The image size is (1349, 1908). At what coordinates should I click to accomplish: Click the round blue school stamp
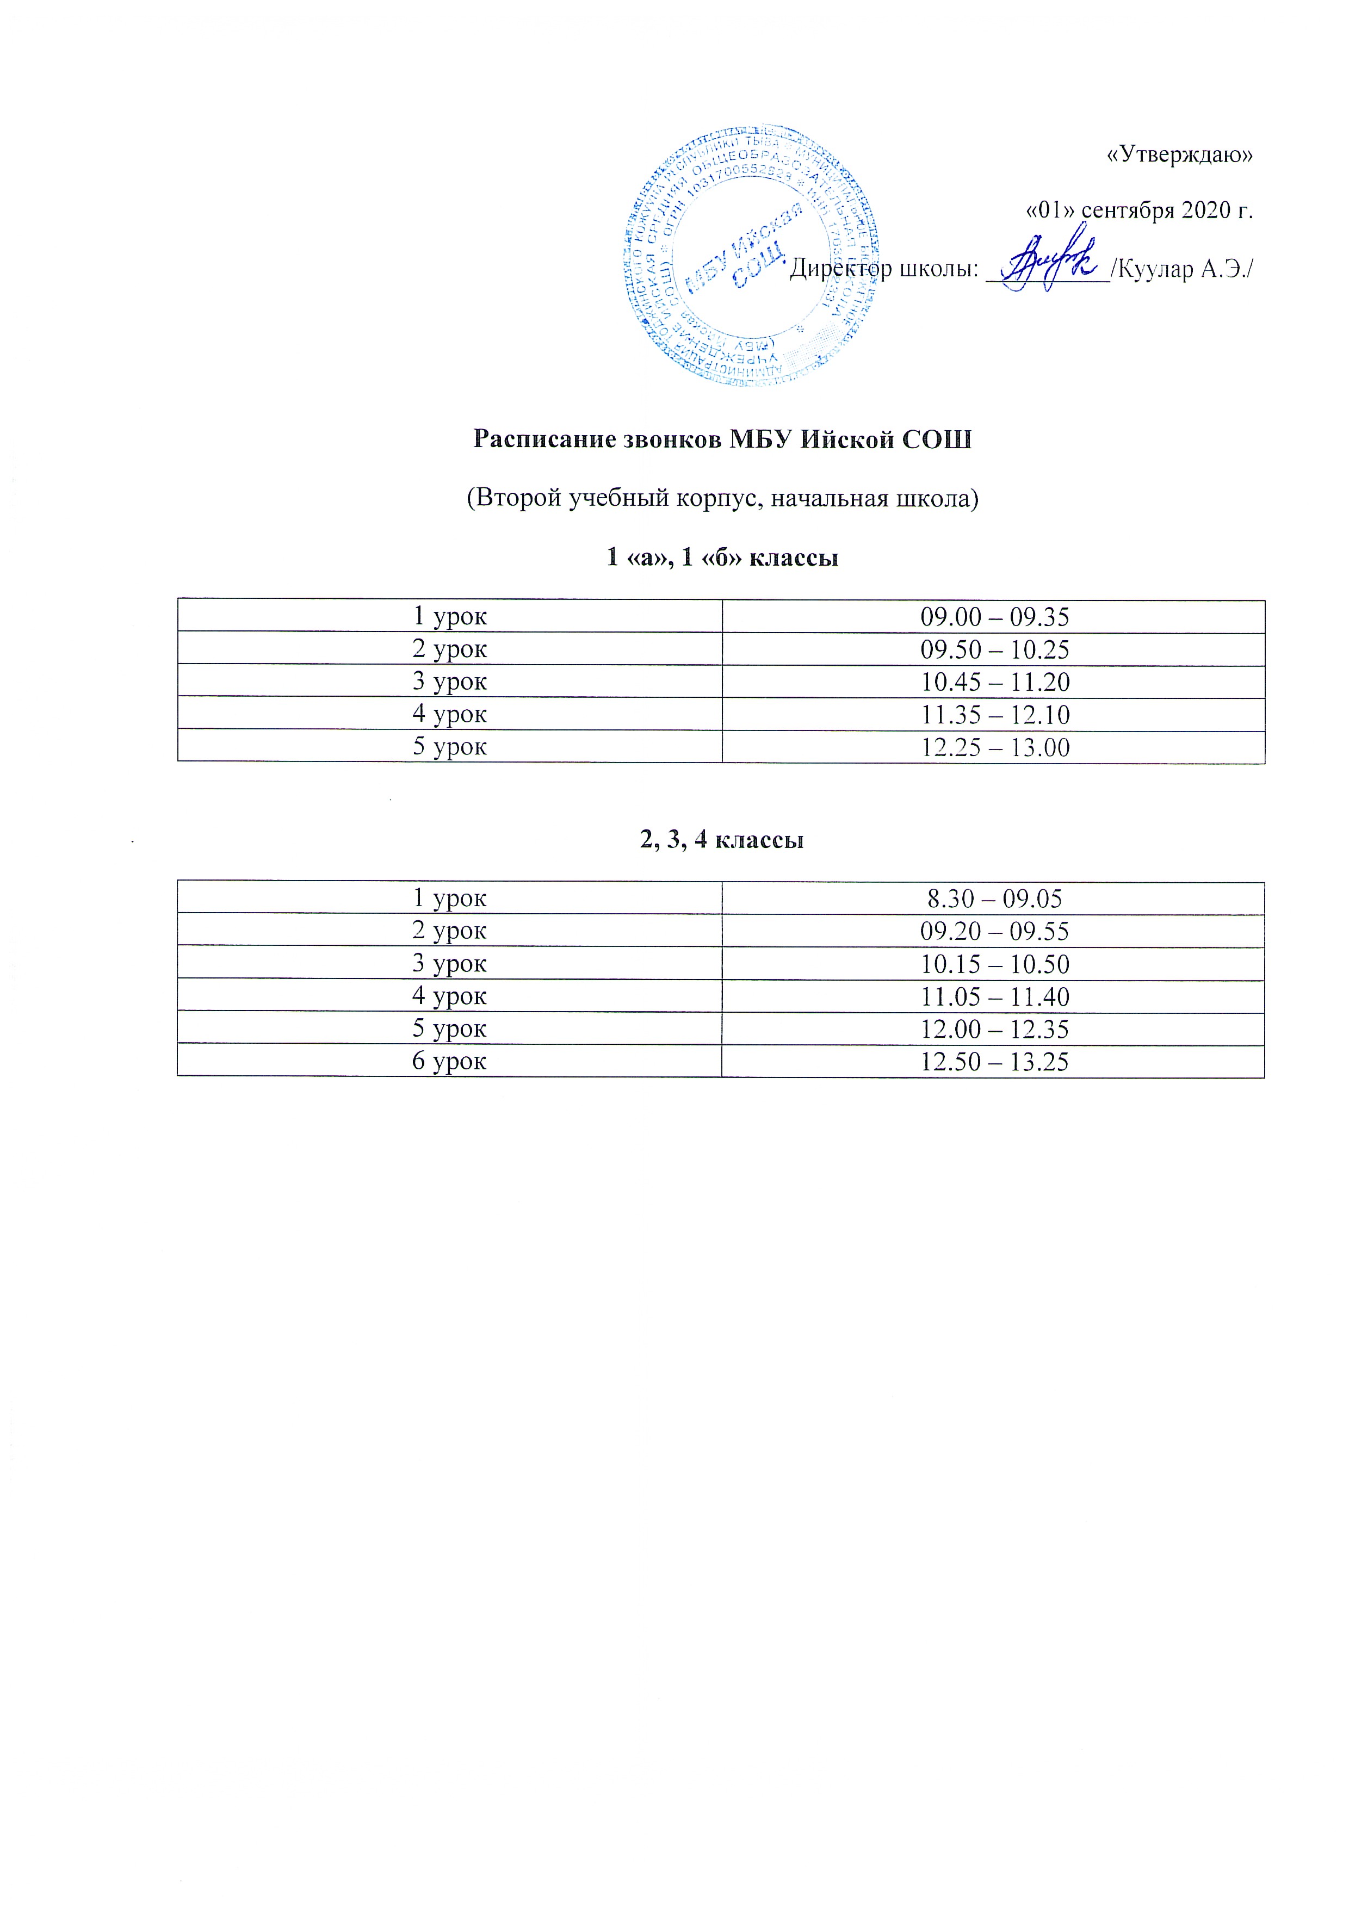(751, 258)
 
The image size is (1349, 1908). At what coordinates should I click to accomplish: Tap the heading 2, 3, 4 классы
(721, 839)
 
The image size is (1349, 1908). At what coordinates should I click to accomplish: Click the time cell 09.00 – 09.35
(994, 617)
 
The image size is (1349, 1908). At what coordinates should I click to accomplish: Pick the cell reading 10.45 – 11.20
(994, 682)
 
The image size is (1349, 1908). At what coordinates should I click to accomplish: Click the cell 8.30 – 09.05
(994, 899)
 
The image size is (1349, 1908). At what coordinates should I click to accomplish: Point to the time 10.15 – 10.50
(994, 964)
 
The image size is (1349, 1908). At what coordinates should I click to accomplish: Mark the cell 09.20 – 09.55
(994, 931)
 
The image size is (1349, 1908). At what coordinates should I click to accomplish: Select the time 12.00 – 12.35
(994, 1030)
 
